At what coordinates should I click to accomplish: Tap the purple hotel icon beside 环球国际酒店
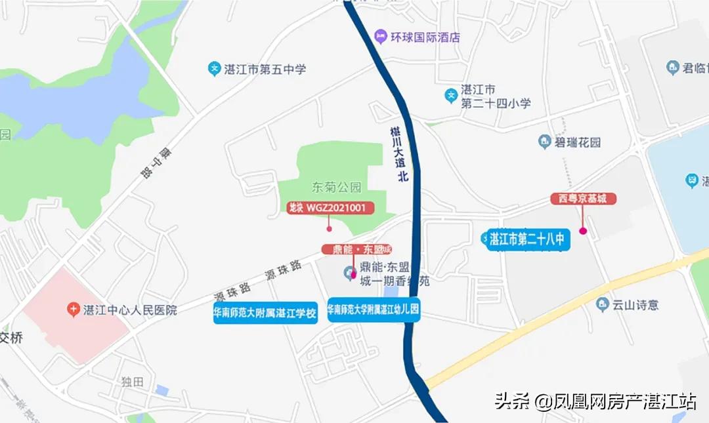pos(380,36)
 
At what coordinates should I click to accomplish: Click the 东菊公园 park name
pos(336,187)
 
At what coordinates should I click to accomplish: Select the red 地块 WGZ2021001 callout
pos(331,209)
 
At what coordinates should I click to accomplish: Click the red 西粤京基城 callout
pos(583,198)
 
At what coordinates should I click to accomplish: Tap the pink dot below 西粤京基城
pos(582,232)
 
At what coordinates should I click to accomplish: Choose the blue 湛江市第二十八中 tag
pos(528,240)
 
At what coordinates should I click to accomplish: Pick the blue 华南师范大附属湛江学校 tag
pos(265,313)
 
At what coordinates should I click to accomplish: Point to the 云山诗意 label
pos(635,304)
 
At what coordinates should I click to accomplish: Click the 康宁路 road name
pos(146,162)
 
